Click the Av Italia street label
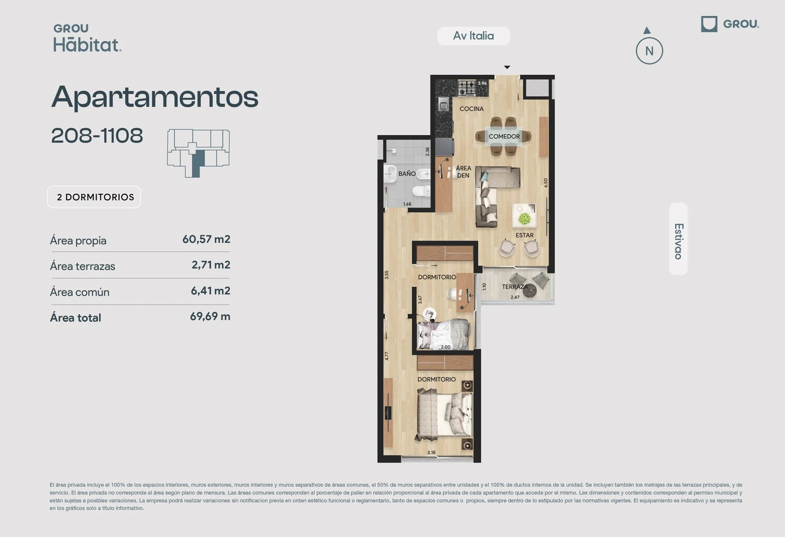(x=473, y=36)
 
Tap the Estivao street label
(x=679, y=241)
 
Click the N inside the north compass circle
(x=649, y=51)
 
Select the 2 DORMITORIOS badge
(x=94, y=197)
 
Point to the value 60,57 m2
(x=206, y=239)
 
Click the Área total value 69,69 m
(x=210, y=316)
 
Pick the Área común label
(x=80, y=292)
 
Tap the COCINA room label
(x=471, y=109)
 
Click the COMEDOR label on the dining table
(x=504, y=136)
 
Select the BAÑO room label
(x=407, y=173)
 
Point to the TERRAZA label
(x=515, y=287)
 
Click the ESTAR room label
(x=525, y=235)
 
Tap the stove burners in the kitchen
(x=467, y=88)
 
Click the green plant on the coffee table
(x=525, y=219)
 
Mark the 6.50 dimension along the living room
(x=545, y=183)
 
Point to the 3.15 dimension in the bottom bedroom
(x=431, y=452)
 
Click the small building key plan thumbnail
(x=198, y=153)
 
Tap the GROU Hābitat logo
(x=87, y=38)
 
